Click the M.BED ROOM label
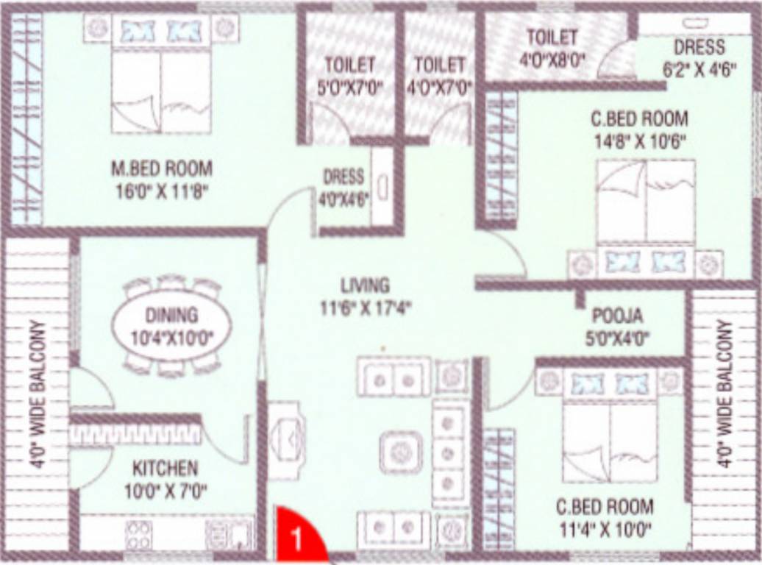pyautogui.click(x=161, y=168)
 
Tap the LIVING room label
pyautogui.click(x=365, y=285)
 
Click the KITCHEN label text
pyautogui.click(x=165, y=468)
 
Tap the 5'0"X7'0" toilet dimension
pyautogui.click(x=350, y=87)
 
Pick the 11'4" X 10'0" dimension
pyautogui.click(x=605, y=528)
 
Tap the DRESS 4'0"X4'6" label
pyautogui.click(x=343, y=187)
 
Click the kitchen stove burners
pyautogui.click(x=138, y=535)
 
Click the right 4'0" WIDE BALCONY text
pyautogui.click(x=724, y=394)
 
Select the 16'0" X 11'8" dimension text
pyautogui.click(x=162, y=192)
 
